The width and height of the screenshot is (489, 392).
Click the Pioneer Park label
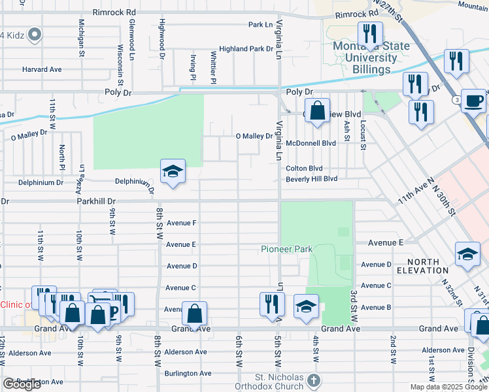(286, 249)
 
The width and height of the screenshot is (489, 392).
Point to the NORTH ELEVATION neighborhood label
(422, 265)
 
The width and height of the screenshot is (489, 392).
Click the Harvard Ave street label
(42, 69)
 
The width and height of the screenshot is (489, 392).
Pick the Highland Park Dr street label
(246, 49)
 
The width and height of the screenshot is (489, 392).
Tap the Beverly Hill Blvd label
(311, 178)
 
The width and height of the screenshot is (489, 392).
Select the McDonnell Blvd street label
(311, 143)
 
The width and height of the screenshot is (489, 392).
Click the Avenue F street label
(182, 223)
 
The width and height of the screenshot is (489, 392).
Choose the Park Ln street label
(260, 25)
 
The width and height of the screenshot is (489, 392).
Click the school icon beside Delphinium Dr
(173, 172)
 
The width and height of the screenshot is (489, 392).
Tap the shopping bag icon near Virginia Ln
(317, 110)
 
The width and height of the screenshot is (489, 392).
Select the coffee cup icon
(473, 101)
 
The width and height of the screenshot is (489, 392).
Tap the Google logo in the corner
(22, 384)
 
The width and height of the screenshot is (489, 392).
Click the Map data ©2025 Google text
(448, 387)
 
